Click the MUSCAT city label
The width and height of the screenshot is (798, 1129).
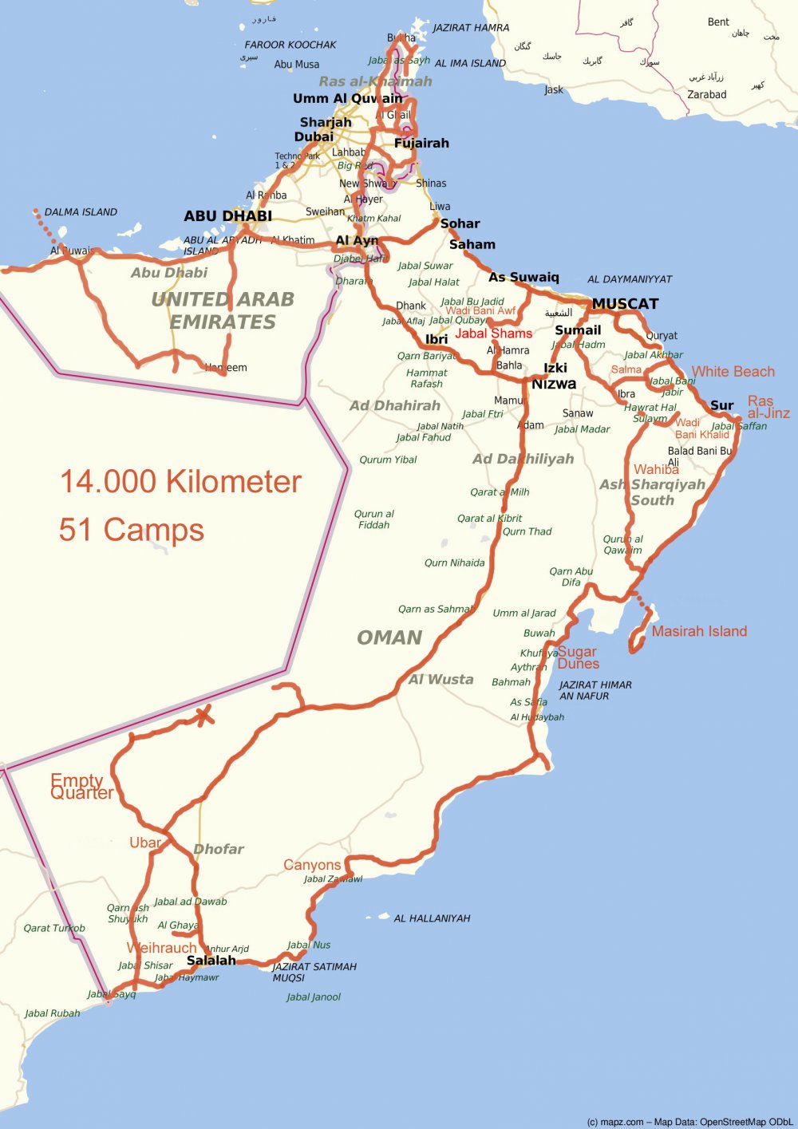625,304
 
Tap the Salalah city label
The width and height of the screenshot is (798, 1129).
211,961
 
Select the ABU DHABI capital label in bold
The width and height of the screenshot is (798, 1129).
227,216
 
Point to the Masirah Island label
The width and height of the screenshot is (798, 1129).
699,631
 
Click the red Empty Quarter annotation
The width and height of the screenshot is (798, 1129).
81,787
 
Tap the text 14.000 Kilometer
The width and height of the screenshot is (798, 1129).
180,482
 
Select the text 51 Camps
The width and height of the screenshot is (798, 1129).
132,530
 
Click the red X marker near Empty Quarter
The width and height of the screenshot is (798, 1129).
205,715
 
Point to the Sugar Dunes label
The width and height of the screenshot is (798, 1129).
577,657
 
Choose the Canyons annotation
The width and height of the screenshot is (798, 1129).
312,865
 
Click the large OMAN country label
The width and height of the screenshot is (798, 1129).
389,638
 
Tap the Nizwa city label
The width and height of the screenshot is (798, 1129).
554,384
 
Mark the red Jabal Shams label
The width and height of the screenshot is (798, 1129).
493,334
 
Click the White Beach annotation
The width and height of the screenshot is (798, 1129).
733,372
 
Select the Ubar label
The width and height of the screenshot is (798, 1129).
145,843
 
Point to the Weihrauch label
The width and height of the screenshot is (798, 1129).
161,948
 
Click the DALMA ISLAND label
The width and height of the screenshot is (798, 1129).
81,212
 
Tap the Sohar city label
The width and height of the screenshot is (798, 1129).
460,224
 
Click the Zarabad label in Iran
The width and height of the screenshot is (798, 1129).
707,95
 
